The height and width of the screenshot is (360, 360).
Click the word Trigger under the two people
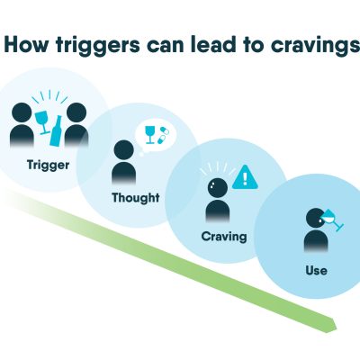48,166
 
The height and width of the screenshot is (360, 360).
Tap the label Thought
136,198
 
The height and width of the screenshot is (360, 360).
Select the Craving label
224,237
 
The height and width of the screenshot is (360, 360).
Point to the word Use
317,271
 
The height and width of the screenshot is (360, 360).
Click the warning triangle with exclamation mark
245,177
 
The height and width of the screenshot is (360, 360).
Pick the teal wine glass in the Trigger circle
42,122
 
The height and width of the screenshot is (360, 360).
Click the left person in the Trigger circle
22,125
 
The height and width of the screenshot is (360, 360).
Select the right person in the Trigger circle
76,125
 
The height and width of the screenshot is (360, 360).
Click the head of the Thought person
123,149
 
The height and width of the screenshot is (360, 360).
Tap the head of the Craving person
218,188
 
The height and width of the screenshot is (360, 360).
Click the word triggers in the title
98,46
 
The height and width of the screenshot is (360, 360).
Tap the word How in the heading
27,45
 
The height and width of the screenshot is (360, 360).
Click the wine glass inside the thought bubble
149,135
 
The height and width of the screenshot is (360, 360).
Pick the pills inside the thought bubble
162,135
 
